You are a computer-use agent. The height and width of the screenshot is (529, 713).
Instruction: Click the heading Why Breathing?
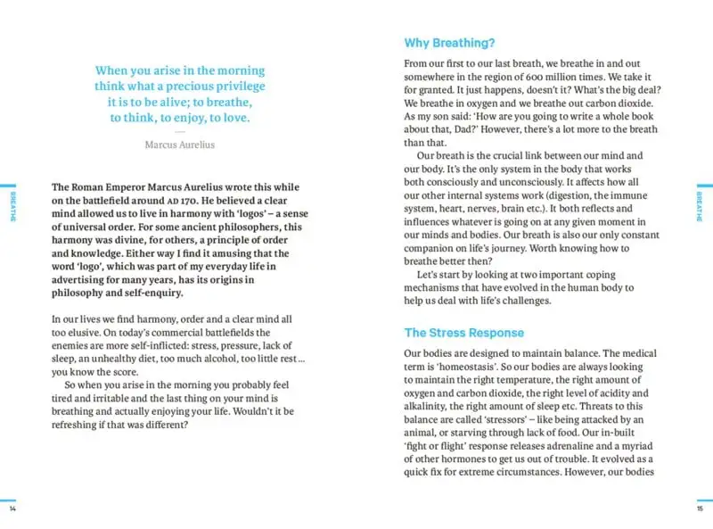tap(449, 43)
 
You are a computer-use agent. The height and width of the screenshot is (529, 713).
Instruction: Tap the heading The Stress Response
tap(463, 333)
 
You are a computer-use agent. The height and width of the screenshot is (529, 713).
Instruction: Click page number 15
tap(700, 509)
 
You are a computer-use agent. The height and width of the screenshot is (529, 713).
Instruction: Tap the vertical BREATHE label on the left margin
tap(12, 206)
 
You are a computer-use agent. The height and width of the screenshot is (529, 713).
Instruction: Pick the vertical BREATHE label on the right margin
tap(700, 206)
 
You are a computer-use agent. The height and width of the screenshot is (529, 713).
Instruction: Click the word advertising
tap(81, 281)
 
